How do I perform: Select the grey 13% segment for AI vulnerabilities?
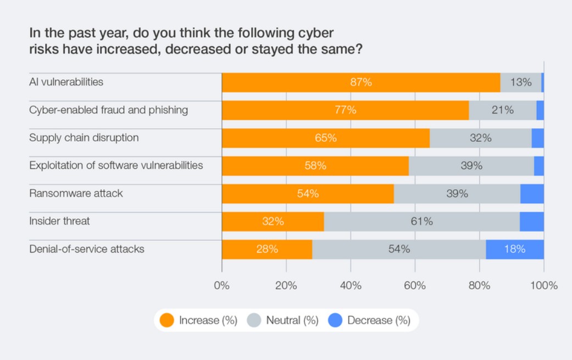point(520,82)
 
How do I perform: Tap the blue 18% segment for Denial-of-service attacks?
point(514,249)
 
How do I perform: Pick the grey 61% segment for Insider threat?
point(421,221)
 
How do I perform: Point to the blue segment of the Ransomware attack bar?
point(532,193)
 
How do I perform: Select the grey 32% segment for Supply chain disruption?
point(480,138)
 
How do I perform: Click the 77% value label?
point(346,110)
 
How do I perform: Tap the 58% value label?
point(315,165)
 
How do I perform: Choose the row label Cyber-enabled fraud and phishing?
point(108,110)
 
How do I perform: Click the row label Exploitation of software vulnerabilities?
point(116,165)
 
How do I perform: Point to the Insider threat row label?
point(59,221)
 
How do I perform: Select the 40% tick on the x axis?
point(351,286)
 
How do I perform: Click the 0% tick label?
point(221,286)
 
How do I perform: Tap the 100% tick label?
point(544,286)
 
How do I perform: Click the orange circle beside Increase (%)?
point(166,320)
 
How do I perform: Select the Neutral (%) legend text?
point(292,320)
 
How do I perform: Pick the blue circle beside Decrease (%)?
point(335,320)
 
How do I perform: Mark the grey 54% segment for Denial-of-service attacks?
point(399,249)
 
